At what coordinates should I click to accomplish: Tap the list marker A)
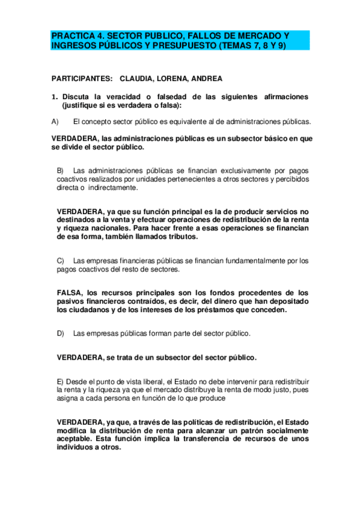55,121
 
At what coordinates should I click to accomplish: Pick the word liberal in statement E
141,382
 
